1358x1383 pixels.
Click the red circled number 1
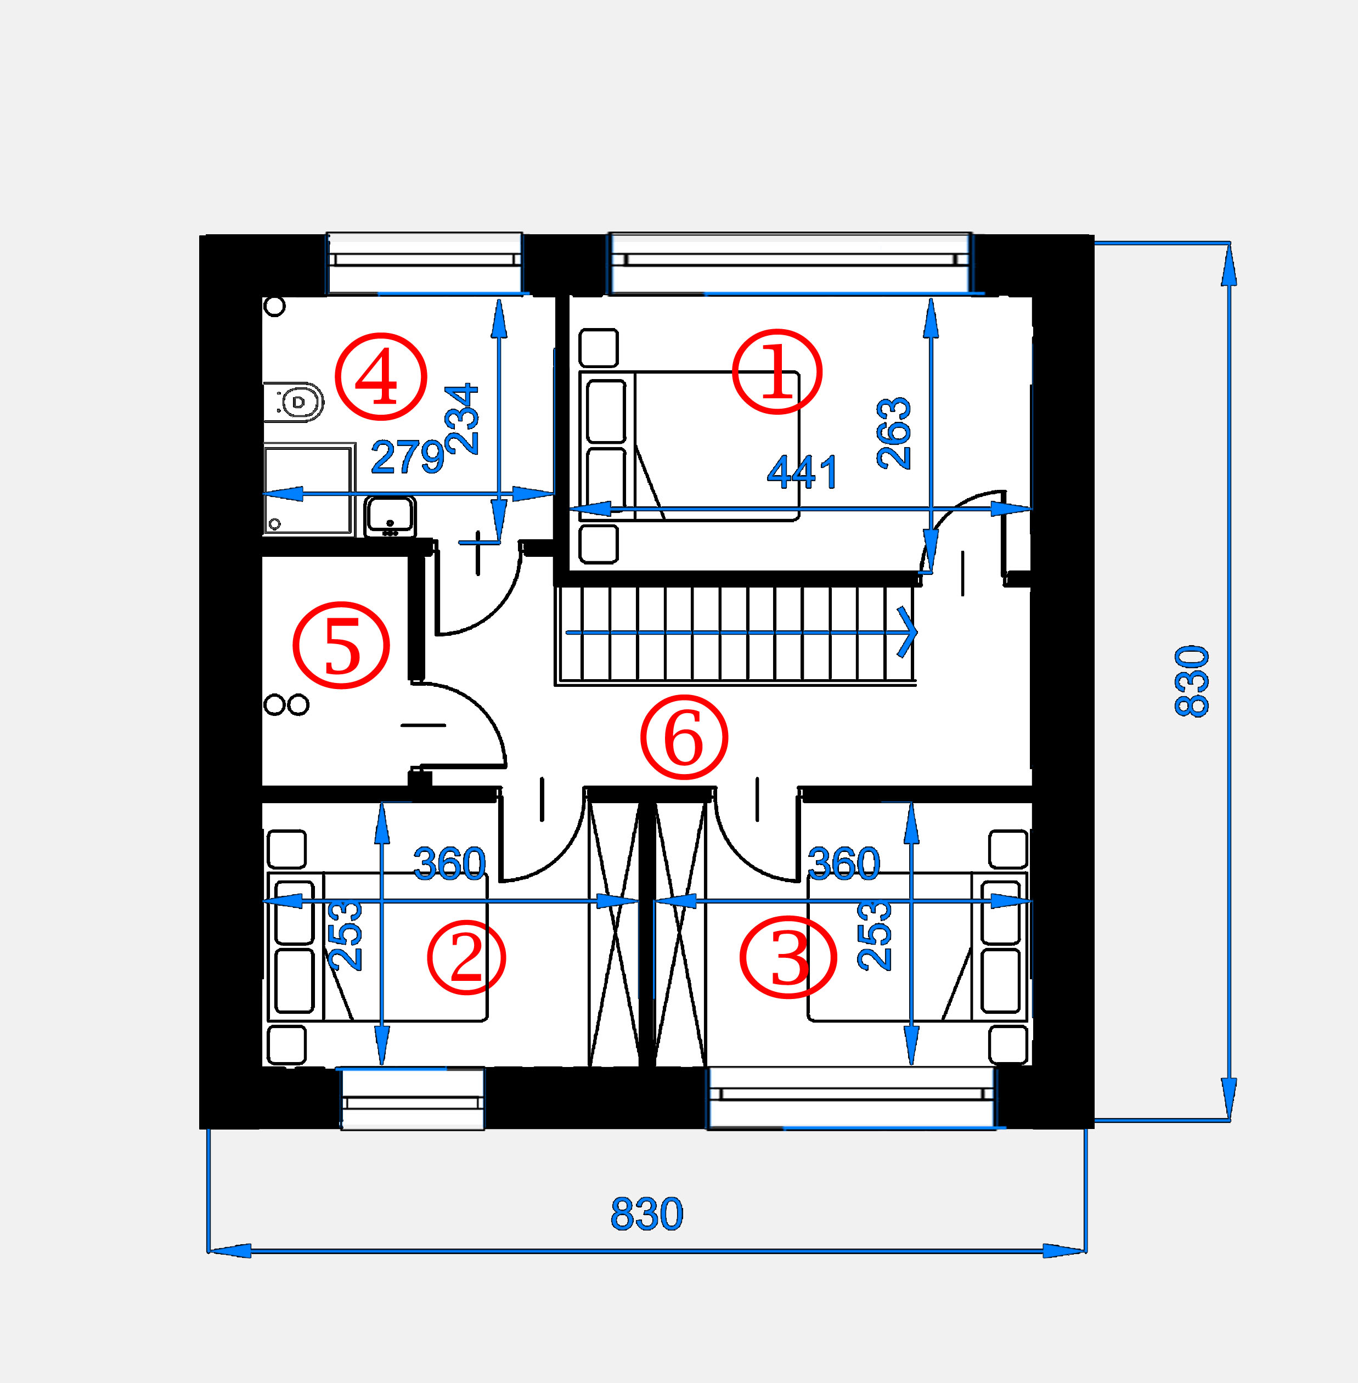[777, 371]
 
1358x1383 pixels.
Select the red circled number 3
[788, 957]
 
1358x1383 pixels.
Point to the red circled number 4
[381, 376]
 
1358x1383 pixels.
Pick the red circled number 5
[342, 646]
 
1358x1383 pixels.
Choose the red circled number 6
[684, 737]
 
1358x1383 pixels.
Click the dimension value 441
[802, 472]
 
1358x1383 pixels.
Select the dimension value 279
[408, 456]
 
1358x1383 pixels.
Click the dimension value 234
[461, 419]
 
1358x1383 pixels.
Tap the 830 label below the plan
[647, 1214]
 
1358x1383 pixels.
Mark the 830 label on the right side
[1192, 681]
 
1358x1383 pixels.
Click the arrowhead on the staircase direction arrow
[908, 631]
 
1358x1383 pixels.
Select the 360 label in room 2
[450, 863]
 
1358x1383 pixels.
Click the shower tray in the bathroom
[309, 489]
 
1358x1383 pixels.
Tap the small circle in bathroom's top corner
[274, 307]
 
